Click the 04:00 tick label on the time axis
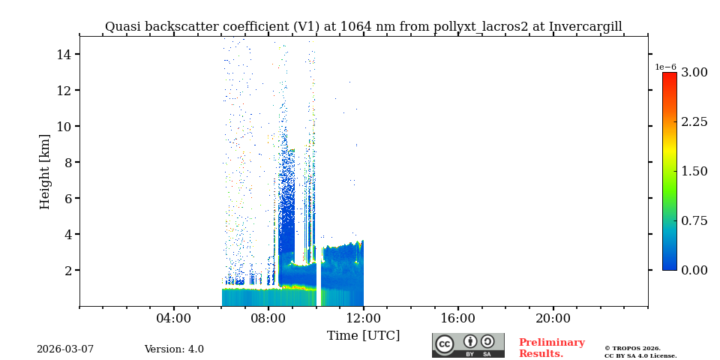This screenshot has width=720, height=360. click(x=173, y=319)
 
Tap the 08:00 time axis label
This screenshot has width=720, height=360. click(x=268, y=319)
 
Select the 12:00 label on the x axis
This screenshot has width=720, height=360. click(x=363, y=319)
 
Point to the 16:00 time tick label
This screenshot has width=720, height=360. click(x=457, y=319)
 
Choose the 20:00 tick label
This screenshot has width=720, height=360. click(x=553, y=319)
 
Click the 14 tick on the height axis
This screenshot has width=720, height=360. click(x=63, y=55)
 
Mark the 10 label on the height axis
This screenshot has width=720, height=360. click(x=63, y=127)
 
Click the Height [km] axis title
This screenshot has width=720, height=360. click(x=45, y=171)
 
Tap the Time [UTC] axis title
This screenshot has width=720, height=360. click(x=363, y=336)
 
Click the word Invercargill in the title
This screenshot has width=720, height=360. click(x=585, y=27)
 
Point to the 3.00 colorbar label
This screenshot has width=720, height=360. click(x=694, y=73)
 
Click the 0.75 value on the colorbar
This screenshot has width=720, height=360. click(x=694, y=220)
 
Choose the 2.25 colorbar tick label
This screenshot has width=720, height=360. click(x=694, y=122)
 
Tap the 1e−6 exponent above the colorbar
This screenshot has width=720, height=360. click(x=665, y=67)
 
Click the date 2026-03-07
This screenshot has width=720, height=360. click(x=65, y=349)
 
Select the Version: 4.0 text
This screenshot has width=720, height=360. click(x=174, y=349)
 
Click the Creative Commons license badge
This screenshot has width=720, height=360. click(x=468, y=345)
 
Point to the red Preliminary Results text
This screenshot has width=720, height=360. click(x=551, y=348)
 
